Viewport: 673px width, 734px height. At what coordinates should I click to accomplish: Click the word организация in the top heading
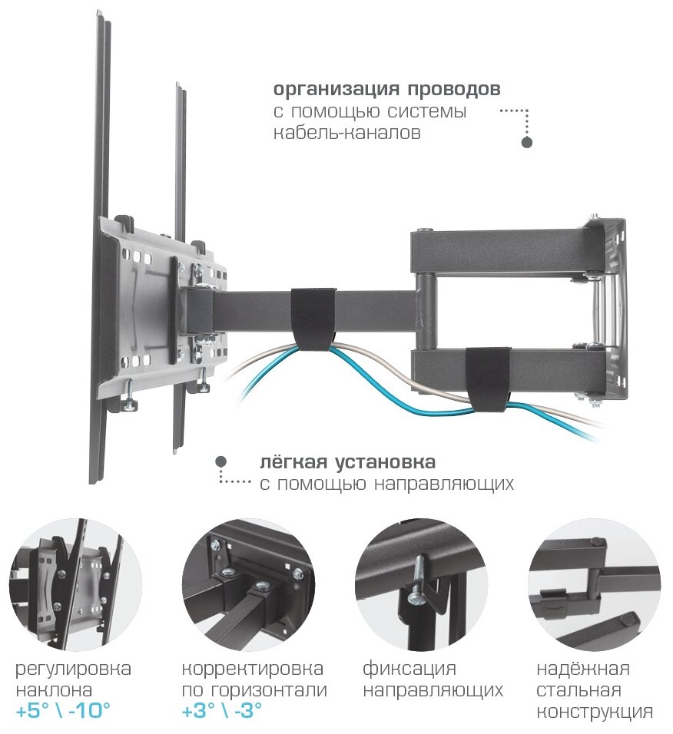pyautogui.click(x=333, y=89)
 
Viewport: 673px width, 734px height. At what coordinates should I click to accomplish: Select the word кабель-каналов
pyautogui.click(x=347, y=133)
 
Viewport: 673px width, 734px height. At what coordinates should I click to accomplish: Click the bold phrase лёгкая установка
pyautogui.click(x=347, y=463)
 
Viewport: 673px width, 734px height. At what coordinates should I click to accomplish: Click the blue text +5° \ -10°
pyautogui.click(x=63, y=711)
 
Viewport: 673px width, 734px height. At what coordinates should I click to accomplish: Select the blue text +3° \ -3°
pyautogui.click(x=222, y=711)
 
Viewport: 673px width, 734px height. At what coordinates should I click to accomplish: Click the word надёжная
pyautogui.click(x=583, y=669)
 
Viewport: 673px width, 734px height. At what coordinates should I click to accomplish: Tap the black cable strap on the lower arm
pyautogui.click(x=489, y=375)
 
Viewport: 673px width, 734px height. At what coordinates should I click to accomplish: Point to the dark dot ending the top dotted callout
pyautogui.click(x=527, y=143)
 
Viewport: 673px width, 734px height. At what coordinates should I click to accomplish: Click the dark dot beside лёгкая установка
pyautogui.click(x=220, y=461)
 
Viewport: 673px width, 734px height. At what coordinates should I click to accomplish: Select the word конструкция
pyautogui.click(x=595, y=711)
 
